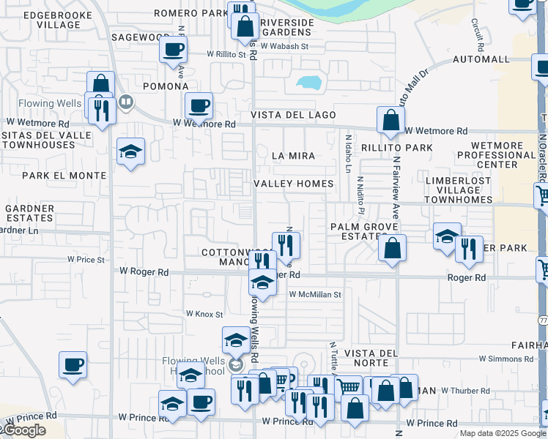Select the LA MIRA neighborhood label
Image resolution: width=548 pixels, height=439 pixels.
293,156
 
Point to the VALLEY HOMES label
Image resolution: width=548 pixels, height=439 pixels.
293,184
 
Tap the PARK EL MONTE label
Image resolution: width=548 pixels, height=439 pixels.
64,176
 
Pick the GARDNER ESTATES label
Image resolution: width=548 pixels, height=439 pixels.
29,213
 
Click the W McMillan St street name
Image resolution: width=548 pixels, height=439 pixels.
315,294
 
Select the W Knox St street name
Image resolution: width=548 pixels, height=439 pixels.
204,314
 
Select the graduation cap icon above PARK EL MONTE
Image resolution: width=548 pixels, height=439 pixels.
130,151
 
